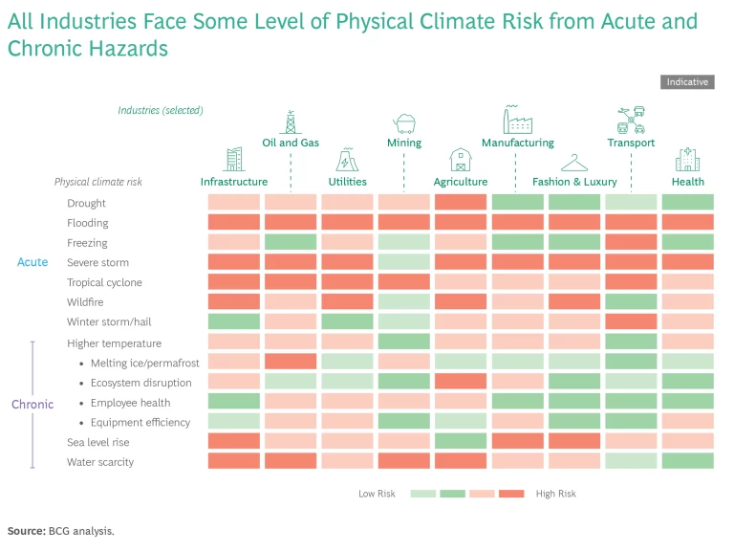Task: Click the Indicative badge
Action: pyautogui.click(x=687, y=82)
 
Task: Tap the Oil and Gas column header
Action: pyautogui.click(x=291, y=143)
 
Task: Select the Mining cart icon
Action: pyautogui.click(x=404, y=122)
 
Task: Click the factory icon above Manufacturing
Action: pyautogui.click(x=517, y=120)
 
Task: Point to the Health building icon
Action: pyautogui.click(x=687, y=160)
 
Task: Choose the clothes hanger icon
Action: pyautogui.click(x=574, y=162)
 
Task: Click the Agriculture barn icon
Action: pyautogui.click(x=461, y=160)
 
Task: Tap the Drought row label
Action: pyautogui.click(x=86, y=203)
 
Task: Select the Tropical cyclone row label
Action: pyautogui.click(x=104, y=282)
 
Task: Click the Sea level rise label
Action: pyautogui.click(x=97, y=442)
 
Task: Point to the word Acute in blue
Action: pyautogui.click(x=32, y=262)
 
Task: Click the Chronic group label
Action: pyautogui.click(x=32, y=404)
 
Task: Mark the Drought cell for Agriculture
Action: pyautogui.click(x=461, y=203)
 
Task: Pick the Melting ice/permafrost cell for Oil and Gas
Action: pyautogui.click(x=291, y=362)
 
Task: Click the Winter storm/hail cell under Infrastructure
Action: pyautogui.click(x=234, y=322)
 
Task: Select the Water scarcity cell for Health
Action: pyautogui.click(x=687, y=461)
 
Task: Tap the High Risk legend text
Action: pyautogui.click(x=556, y=494)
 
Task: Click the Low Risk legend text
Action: pyautogui.click(x=378, y=494)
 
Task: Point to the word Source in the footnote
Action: pyautogui.click(x=25, y=530)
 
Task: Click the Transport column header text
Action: pyautogui.click(x=631, y=143)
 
